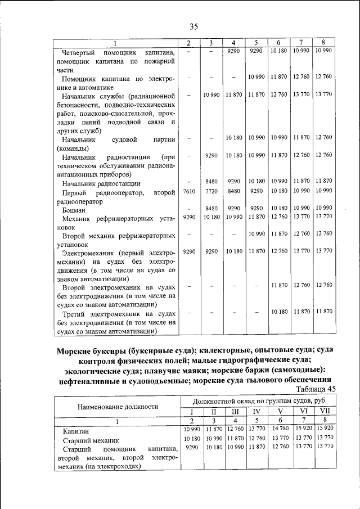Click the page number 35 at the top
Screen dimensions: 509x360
pos(194,26)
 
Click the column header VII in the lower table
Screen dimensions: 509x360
pos(324,411)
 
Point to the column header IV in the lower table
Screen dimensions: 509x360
pos(256,411)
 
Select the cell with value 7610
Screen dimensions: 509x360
pos(188,192)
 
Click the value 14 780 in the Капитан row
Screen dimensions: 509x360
pos(279,429)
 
